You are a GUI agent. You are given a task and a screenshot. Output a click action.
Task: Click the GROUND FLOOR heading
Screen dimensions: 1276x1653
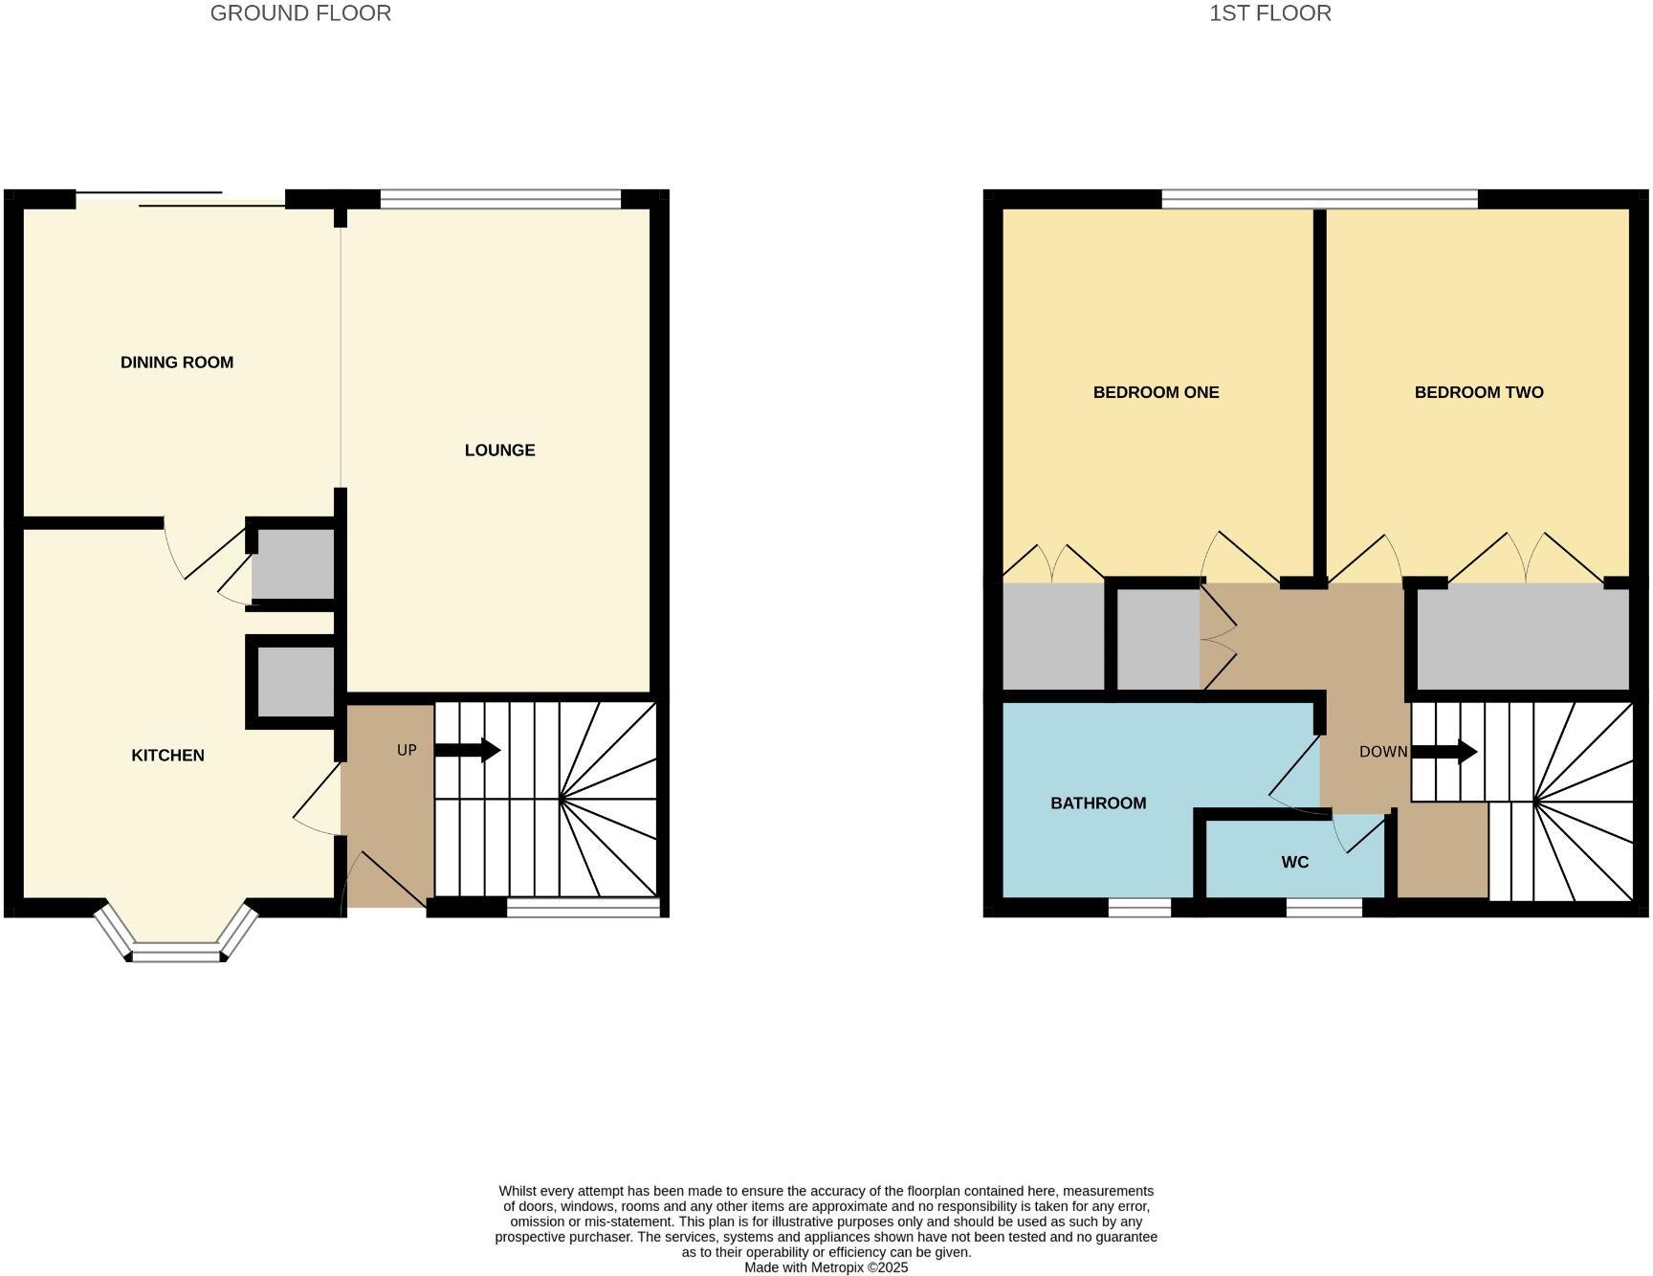coord(300,13)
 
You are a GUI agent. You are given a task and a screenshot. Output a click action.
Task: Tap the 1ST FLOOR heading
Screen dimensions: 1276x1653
coord(1269,13)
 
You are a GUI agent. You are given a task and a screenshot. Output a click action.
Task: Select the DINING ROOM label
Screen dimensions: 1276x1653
coord(177,363)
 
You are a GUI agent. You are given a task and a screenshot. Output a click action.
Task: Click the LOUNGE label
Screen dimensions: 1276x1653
coord(499,451)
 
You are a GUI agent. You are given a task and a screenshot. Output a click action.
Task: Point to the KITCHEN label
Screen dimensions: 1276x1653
coord(167,756)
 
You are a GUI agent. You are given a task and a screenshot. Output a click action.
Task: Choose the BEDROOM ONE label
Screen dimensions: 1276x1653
coord(1156,392)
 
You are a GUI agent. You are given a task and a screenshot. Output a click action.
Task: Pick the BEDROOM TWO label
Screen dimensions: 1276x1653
coord(1478,392)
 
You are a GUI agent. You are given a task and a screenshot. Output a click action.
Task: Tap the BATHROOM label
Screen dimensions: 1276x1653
coord(1098,803)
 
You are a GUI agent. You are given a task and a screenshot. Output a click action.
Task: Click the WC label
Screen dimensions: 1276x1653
coord(1294,863)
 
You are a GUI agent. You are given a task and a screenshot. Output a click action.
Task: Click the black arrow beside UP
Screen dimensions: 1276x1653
coord(468,750)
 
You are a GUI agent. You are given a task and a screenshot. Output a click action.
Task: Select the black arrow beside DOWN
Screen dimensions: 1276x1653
coord(1444,752)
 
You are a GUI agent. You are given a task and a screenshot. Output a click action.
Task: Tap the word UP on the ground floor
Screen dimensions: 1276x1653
coord(407,750)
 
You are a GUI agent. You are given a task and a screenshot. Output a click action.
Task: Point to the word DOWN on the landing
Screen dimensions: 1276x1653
coord(1382,752)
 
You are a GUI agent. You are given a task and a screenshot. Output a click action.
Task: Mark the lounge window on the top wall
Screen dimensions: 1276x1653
coord(500,199)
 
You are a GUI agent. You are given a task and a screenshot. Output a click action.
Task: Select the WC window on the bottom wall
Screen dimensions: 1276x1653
coord(1324,907)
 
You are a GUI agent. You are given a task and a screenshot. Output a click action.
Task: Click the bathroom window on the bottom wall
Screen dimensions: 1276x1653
coord(1139,907)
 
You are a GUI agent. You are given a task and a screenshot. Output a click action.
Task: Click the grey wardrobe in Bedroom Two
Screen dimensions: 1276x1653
coord(1522,638)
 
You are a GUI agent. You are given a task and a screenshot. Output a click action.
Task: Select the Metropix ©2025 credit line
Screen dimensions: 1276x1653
coord(826,1267)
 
